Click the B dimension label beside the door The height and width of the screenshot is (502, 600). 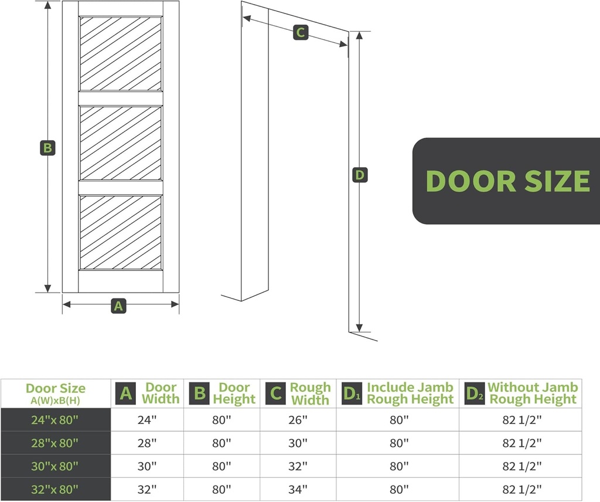[48, 148]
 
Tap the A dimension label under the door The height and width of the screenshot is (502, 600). [119, 305]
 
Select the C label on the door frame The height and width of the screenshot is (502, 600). [300, 33]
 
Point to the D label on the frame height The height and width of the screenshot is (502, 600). [360, 175]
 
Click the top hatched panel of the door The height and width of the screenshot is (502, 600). [121, 53]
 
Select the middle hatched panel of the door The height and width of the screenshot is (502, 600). [121, 143]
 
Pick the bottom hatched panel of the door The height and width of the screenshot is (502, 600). [121, 232]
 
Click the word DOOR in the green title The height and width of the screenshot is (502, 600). [469, 181]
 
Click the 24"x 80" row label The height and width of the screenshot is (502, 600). [56, 420]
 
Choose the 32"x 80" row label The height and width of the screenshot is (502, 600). [56, 489]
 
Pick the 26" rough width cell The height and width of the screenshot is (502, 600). [298, 420]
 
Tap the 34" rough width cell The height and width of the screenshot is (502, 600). [298, 489]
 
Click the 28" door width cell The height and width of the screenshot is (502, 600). [147, 443]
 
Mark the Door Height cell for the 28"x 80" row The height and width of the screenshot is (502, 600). [221, 443]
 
